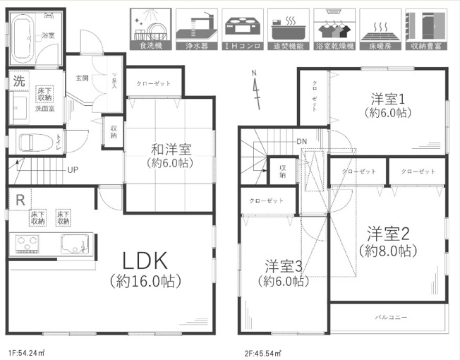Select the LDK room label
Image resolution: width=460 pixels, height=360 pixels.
pos(146,261)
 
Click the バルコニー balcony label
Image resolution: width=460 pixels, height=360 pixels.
pos(390,318)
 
